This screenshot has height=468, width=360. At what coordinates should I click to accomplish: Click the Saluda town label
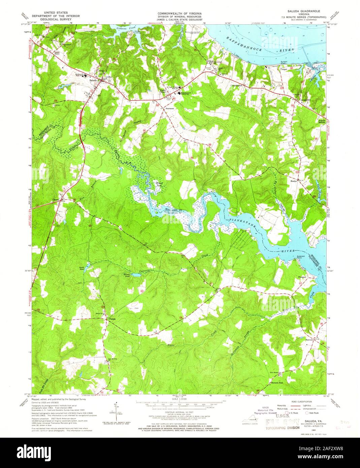click(93, 81)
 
